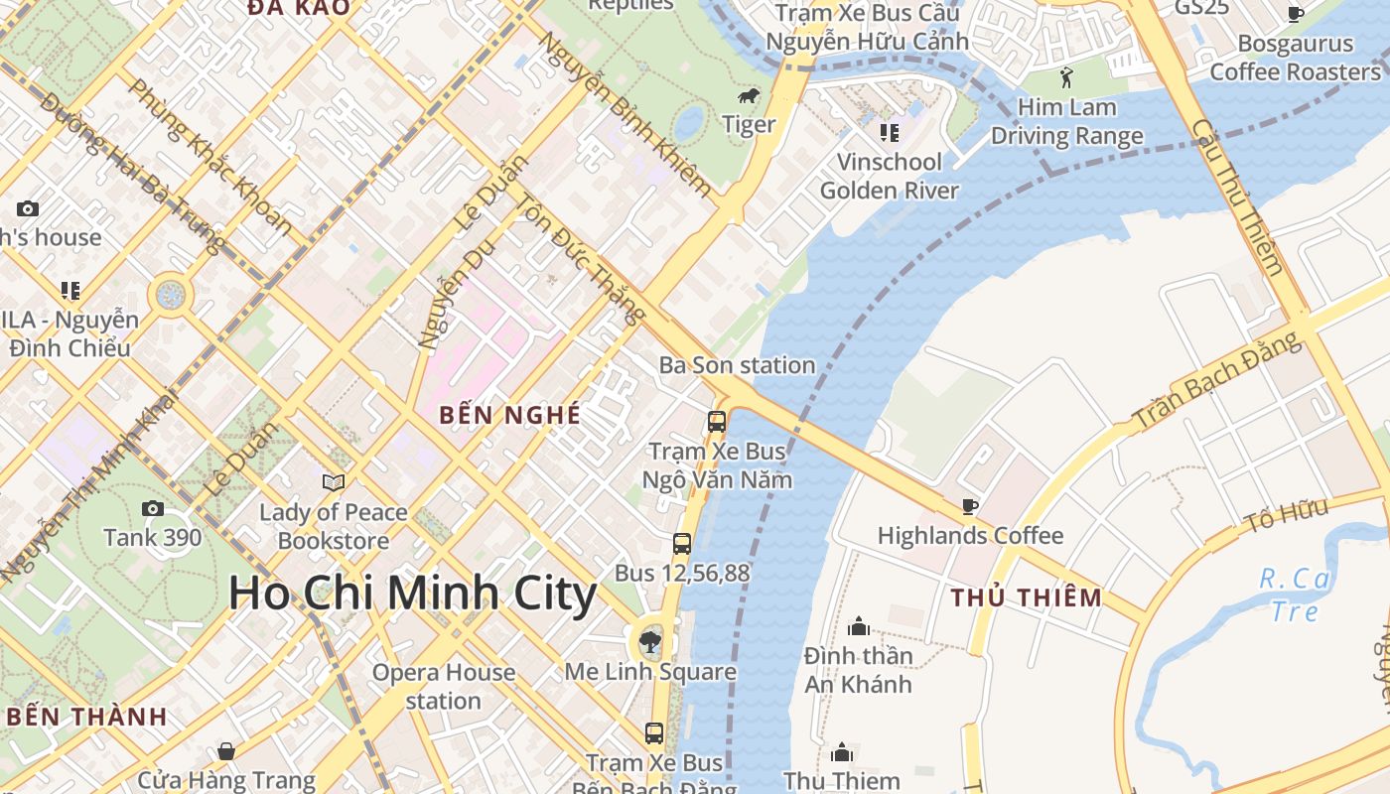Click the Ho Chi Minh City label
click(x=412, y=594)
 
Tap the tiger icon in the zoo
click(x=749, y=96)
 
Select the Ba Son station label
click(x=737, y=365)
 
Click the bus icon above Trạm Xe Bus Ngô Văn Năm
click(x=717, y=421)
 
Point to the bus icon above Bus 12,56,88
click(x=682, y=543)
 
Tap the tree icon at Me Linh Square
click(x=650, y=640)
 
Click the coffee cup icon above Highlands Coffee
click(x=970, y=506)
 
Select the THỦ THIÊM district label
click(x=1027, y=597)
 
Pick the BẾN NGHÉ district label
click(x=509, y=415)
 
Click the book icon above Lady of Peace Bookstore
click(x=334, y=482)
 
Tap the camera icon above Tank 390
click(x=153, y=508)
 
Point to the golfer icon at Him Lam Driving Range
click(x=1066, y=77)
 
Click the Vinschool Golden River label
click(x=890, y=176)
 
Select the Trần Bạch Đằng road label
click(x=1217, y=380)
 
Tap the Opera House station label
click(x=443, y=686)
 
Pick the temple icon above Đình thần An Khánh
click(x=859, y=626)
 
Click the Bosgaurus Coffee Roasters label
click(x=1295, y=58)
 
